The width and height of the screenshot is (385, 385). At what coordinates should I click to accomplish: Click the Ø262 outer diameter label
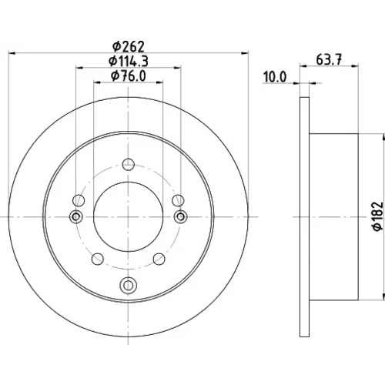[129, 46]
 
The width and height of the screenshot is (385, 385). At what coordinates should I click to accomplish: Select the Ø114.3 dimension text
[129, 62]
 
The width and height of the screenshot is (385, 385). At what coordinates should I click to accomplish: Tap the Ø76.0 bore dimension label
[129, 76]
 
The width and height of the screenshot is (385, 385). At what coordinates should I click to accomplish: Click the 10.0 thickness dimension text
[275, 77]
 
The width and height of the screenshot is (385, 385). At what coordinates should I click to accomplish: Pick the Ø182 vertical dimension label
[378, 216]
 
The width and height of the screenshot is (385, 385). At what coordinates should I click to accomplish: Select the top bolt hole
[129, 165]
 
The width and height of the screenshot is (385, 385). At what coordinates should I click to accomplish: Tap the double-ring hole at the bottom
[129, 285]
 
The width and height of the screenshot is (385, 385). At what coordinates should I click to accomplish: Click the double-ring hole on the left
[76, 217]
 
